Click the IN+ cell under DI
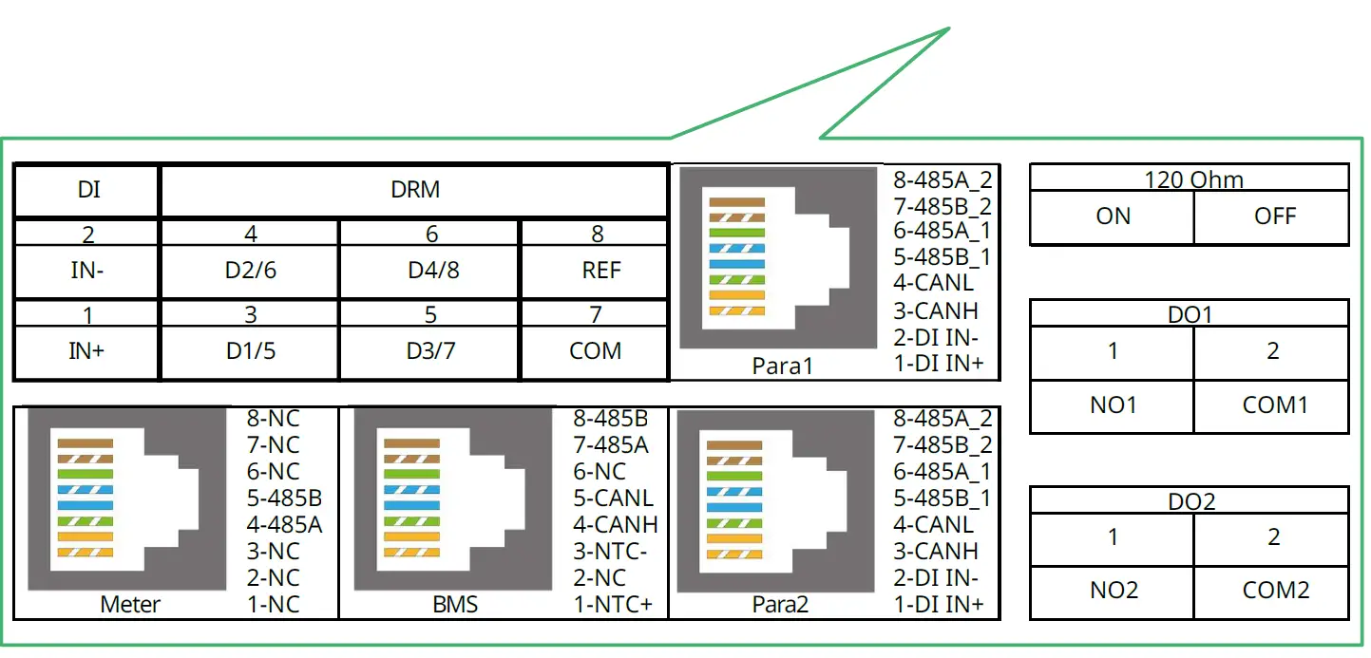[86, 351]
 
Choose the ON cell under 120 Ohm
[1113, 216]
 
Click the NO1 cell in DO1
[1113, 404]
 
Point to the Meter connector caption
[130, 604]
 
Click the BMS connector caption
[455, 604]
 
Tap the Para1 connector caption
[782, 366]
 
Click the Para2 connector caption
[780, 604]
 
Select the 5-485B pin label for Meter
[284, 498]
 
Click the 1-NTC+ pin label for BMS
[613, 604]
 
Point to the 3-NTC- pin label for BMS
[610, 552]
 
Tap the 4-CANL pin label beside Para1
[933, 283]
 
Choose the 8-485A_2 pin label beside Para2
[943, 419]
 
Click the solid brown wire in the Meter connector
[86, 443]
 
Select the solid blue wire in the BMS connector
[411, 506]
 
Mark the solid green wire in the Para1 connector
[737, 233]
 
